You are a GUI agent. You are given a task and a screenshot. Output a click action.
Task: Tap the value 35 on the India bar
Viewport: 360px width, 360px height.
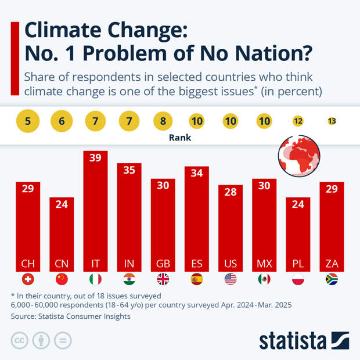coord(129,170)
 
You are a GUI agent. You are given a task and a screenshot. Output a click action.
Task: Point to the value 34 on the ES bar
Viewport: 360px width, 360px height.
coord(196,173)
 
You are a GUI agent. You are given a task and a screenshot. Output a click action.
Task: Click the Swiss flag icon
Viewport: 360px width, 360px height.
coord(28,279)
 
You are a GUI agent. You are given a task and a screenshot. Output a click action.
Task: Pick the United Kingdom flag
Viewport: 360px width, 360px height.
coord(163,279)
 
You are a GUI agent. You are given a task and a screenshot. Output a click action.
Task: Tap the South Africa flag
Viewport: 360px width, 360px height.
coord(332,279)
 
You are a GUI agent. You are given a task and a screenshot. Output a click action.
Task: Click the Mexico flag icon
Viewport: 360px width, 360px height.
coord(264,279)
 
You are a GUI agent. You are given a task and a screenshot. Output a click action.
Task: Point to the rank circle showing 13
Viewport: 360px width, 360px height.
coord(332,121)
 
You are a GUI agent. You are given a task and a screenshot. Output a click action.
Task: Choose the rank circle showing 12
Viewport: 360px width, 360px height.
coord(298,121)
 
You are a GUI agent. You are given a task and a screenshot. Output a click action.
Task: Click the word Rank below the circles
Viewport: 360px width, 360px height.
coord(179,139)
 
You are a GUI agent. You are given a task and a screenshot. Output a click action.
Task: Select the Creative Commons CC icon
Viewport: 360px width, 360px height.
coord(20,340)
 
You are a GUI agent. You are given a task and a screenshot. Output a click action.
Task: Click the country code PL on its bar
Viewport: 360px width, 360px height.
coord(298,264)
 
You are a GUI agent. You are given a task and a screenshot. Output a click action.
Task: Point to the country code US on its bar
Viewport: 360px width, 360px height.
coord(231,264)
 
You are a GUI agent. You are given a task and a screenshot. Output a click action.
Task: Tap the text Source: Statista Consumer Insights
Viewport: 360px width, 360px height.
coord(70,316)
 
